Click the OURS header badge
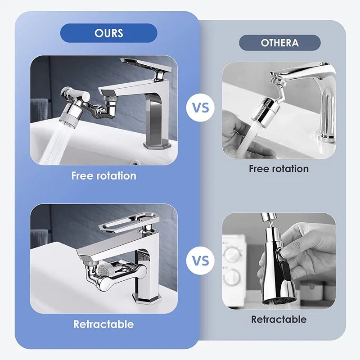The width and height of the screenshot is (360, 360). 109,33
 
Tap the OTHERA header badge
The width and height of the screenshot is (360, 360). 279,43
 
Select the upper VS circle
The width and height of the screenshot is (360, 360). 200,108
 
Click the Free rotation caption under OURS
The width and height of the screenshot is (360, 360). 103,175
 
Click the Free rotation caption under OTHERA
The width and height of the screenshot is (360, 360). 279,169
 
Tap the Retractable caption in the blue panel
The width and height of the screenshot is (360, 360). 103,324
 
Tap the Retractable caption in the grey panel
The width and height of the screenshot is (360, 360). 279,319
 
